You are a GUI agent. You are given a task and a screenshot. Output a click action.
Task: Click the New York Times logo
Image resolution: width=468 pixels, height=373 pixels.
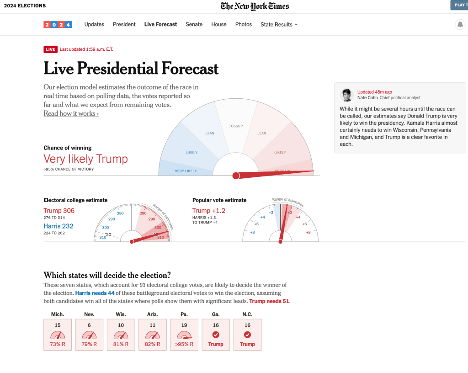click(255, 6)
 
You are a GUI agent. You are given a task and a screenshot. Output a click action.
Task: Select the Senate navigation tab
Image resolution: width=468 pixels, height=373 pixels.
click(194, 24)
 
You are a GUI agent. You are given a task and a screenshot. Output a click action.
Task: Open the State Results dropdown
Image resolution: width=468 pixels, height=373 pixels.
click(279, 24)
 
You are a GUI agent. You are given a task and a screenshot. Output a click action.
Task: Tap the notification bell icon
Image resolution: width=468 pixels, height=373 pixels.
click(460, 25)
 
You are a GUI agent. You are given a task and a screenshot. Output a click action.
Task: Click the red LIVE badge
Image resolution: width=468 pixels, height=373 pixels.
click(50, 49)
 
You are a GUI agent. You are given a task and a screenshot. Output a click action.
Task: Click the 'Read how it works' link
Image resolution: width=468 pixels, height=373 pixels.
click(71, 113)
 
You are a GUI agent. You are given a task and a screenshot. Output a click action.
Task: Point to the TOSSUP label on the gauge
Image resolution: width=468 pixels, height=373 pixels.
click(236, 126)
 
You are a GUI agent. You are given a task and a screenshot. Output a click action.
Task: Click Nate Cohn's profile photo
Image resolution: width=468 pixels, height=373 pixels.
click(347, 95)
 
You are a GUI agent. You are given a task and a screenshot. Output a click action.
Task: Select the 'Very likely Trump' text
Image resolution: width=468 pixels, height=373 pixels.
click(85, 159)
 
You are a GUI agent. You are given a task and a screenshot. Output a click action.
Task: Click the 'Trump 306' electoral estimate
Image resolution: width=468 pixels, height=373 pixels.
click(59, 211)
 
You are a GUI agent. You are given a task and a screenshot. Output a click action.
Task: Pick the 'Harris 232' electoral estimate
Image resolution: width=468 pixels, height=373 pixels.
click(58, 226)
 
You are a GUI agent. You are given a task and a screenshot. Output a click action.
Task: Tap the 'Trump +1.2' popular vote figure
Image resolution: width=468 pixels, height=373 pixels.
click(208, 211)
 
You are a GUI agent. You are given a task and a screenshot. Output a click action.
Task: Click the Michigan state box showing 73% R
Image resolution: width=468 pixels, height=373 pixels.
click(58, 335)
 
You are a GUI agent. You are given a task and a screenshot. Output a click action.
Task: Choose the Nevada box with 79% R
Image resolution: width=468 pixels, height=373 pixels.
click(89, 335)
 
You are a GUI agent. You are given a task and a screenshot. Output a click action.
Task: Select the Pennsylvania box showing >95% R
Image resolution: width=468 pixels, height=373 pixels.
click(184, 335)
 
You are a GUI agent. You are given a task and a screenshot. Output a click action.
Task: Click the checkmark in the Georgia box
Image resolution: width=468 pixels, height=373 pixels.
click(216, 335)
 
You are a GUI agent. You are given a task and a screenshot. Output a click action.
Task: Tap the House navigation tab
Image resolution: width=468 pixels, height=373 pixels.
click(219, 24)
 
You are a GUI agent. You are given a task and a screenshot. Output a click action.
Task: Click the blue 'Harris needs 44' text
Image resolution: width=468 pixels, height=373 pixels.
click(95, 293)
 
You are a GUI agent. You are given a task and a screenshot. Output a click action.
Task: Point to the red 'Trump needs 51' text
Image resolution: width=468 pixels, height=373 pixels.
click(269, 301)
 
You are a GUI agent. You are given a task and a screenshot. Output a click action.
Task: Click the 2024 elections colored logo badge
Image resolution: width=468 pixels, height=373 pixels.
click(58, 25)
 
